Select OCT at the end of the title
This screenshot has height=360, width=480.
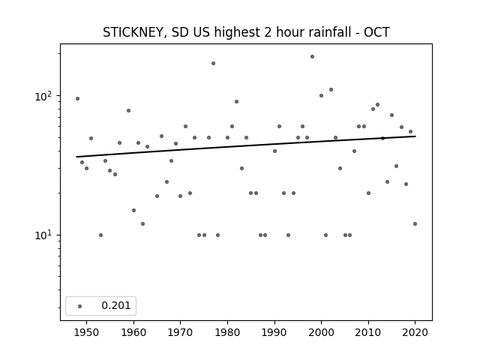click(x=376, y=32)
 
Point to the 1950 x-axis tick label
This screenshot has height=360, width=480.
click(x=87, y=332)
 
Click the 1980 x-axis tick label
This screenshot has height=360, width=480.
click(x=227, y=332)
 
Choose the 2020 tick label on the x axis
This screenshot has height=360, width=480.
click(x=415, y=332)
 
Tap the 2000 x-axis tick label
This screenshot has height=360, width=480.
click(x=321, y=332)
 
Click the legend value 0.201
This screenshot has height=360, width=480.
click(x=116, y=305)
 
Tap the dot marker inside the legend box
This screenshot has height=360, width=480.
click(x=80, y=306)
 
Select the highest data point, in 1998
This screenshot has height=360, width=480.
click(x=312, y=57)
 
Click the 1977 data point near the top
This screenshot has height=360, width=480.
click(x=213, y=63)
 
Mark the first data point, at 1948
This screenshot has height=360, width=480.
click(x=77, y=98)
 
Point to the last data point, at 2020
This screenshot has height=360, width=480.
click(x=415, y=223)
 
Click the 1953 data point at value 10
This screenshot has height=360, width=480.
click(x=100, y=235)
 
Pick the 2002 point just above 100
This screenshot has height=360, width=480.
click(x=331, y=90)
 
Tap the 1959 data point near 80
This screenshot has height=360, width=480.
click(x=128, y=110)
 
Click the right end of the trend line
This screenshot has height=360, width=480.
click(x=415, y=136)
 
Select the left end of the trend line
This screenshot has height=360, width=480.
click(x=76, y=157)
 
